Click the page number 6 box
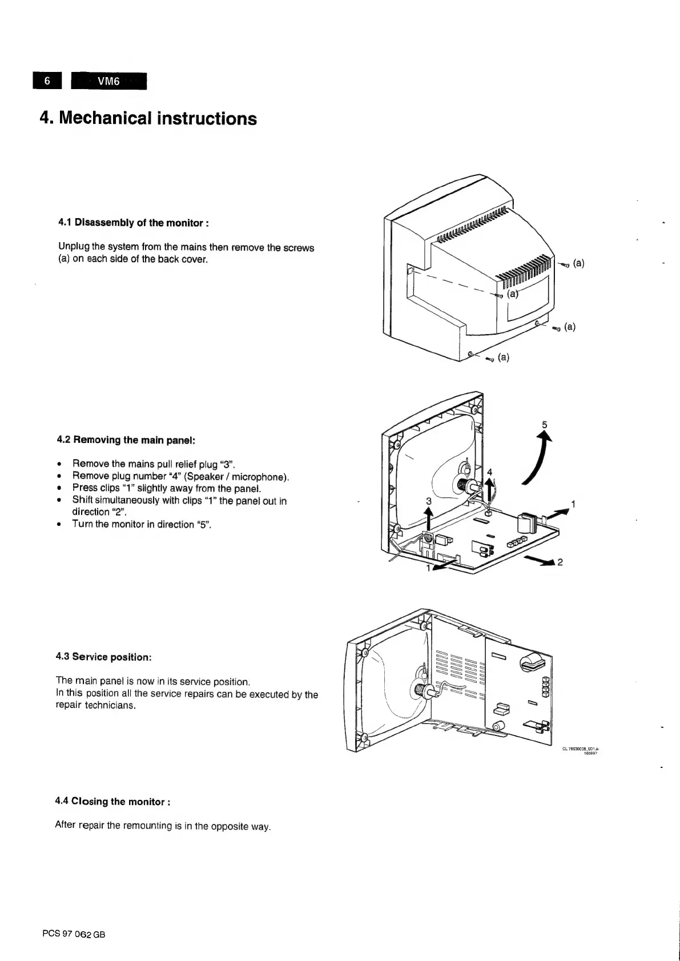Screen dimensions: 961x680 coord(48,81)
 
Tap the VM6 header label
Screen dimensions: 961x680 coord(108,81)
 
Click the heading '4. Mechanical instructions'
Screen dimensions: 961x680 coord(148,119)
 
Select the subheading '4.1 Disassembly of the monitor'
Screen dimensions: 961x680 coord(133,223)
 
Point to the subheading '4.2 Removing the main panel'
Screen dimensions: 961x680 coord(126,440)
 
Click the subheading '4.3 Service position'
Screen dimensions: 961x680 coord(103,657)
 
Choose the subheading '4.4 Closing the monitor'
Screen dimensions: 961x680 coord(112,802)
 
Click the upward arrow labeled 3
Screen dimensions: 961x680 coord(429,520)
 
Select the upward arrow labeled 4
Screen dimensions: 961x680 coord(489,489)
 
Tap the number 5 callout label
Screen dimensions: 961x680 coord(544,424)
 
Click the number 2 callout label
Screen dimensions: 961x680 coord(560,562)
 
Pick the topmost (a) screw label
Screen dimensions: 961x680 coord(578,263)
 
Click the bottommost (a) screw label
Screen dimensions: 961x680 coord(503,358)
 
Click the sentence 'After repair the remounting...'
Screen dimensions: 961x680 coord(162,826)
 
